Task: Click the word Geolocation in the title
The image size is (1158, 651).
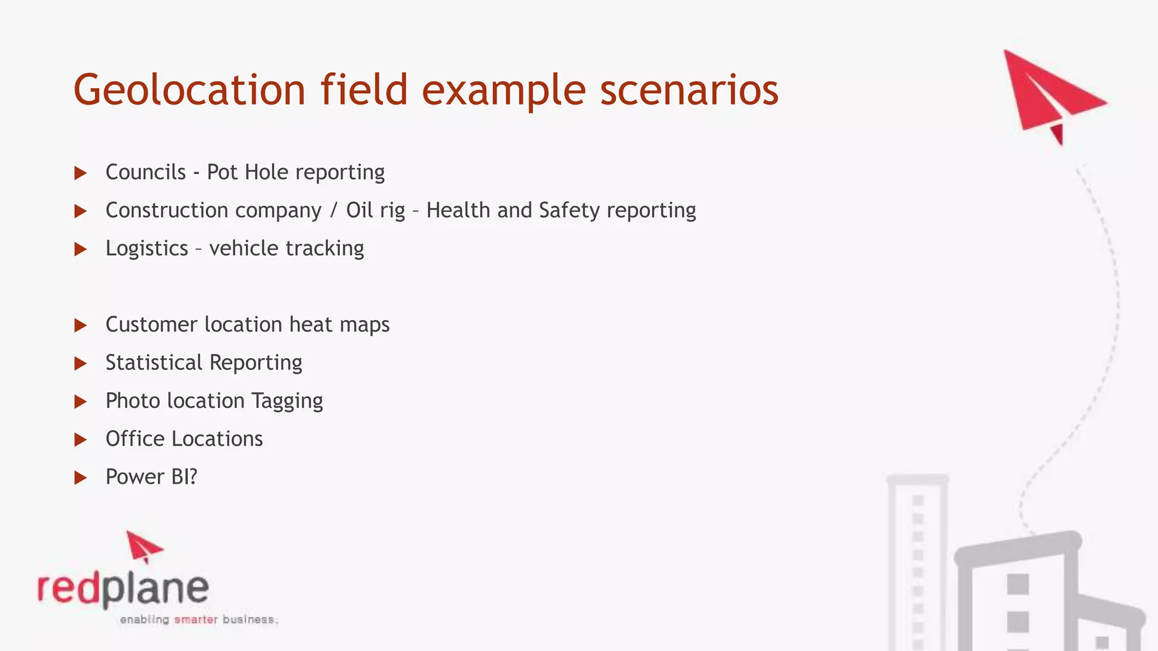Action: pyautogui.click(x=189, y=90)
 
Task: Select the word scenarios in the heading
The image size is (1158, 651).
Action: pyautogui.click(x=689, y=90)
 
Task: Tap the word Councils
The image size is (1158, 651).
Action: pyautogui.click(x=145, y=172)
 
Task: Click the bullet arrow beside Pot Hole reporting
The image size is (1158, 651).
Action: pyautogui.click(x=81, y=173)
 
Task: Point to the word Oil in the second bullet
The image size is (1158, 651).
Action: pyautogui.click(x=360, y=210)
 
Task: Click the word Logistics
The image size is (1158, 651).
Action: pyautogui.click(x=146, y=249)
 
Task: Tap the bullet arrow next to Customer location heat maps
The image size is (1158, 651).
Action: pyautogui.click(x=81, y=325)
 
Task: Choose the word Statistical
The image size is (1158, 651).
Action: pyautogui.click(x=154, y=363)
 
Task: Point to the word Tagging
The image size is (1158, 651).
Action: pyautogui.click(x=287, y=401)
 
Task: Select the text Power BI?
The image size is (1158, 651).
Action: pyautogui.click(x=152, y=477)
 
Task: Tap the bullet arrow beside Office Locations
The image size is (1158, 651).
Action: pyautogui.click(x=81, y=440)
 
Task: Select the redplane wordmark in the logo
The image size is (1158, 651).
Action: pyautogui.click(x=123, y=589)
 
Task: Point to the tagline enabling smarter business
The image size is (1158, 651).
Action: pyautogui.click(x=198, y=620)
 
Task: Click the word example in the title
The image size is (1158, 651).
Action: pyautogui.click(x=503, y=90)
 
